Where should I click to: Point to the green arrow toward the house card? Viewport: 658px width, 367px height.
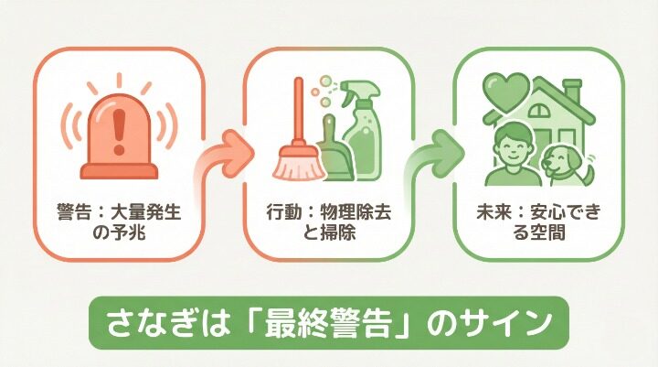pos(435,157)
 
